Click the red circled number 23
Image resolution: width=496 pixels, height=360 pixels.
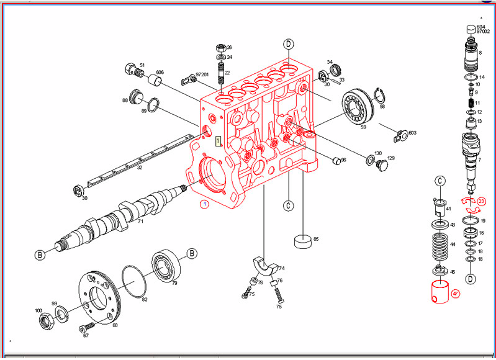(x=482, y=201)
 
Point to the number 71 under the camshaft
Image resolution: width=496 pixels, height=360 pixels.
(x=140, y=222)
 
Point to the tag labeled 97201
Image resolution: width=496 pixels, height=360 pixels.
(x=188, y=79)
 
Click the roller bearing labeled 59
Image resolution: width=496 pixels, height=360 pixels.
(x=356, y=107)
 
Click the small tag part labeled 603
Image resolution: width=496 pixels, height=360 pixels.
(x=401, y=133)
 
